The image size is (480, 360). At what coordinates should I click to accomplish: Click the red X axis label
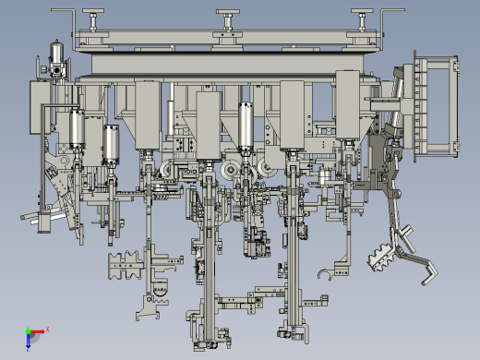point(46,329)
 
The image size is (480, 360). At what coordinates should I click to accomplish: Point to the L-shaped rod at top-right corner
point(395,17)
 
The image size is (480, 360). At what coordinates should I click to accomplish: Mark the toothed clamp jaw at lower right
point(380,256)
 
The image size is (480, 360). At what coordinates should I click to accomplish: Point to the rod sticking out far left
point(31,219)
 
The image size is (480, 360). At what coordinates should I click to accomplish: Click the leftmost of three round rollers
point(167,169)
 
